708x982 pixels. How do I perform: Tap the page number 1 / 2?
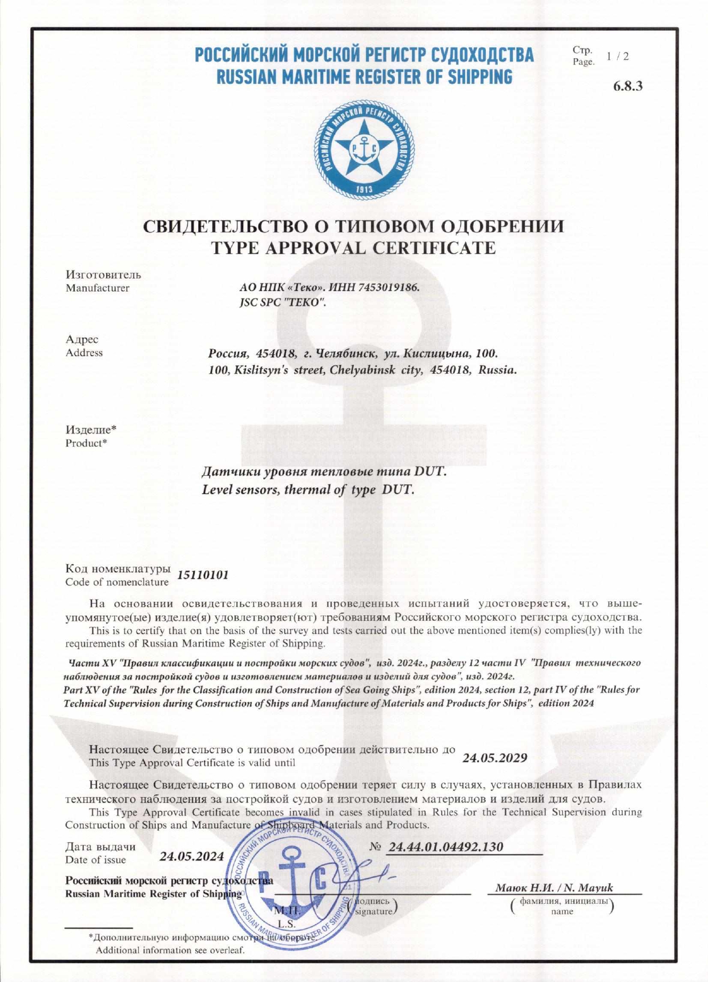[x=618, y=56]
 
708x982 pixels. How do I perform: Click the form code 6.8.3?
[x=628, y=86]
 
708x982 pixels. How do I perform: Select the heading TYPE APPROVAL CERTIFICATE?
[x=353, y=248]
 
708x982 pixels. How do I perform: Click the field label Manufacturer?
[x=97, y=288]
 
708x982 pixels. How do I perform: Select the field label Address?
[x=84, y=353]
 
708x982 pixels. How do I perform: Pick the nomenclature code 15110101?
[x=203, y=575]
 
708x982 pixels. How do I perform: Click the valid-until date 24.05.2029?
[x=494, y=758]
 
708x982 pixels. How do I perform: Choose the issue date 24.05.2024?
[x=192, y=856]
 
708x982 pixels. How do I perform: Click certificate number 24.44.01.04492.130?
[x=445, y=847]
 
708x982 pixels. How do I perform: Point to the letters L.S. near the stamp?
[x=287, y=924]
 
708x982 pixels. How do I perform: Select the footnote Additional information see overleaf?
[x=170, y=950]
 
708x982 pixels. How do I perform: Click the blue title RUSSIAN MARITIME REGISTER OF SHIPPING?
[x=364, y=76]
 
